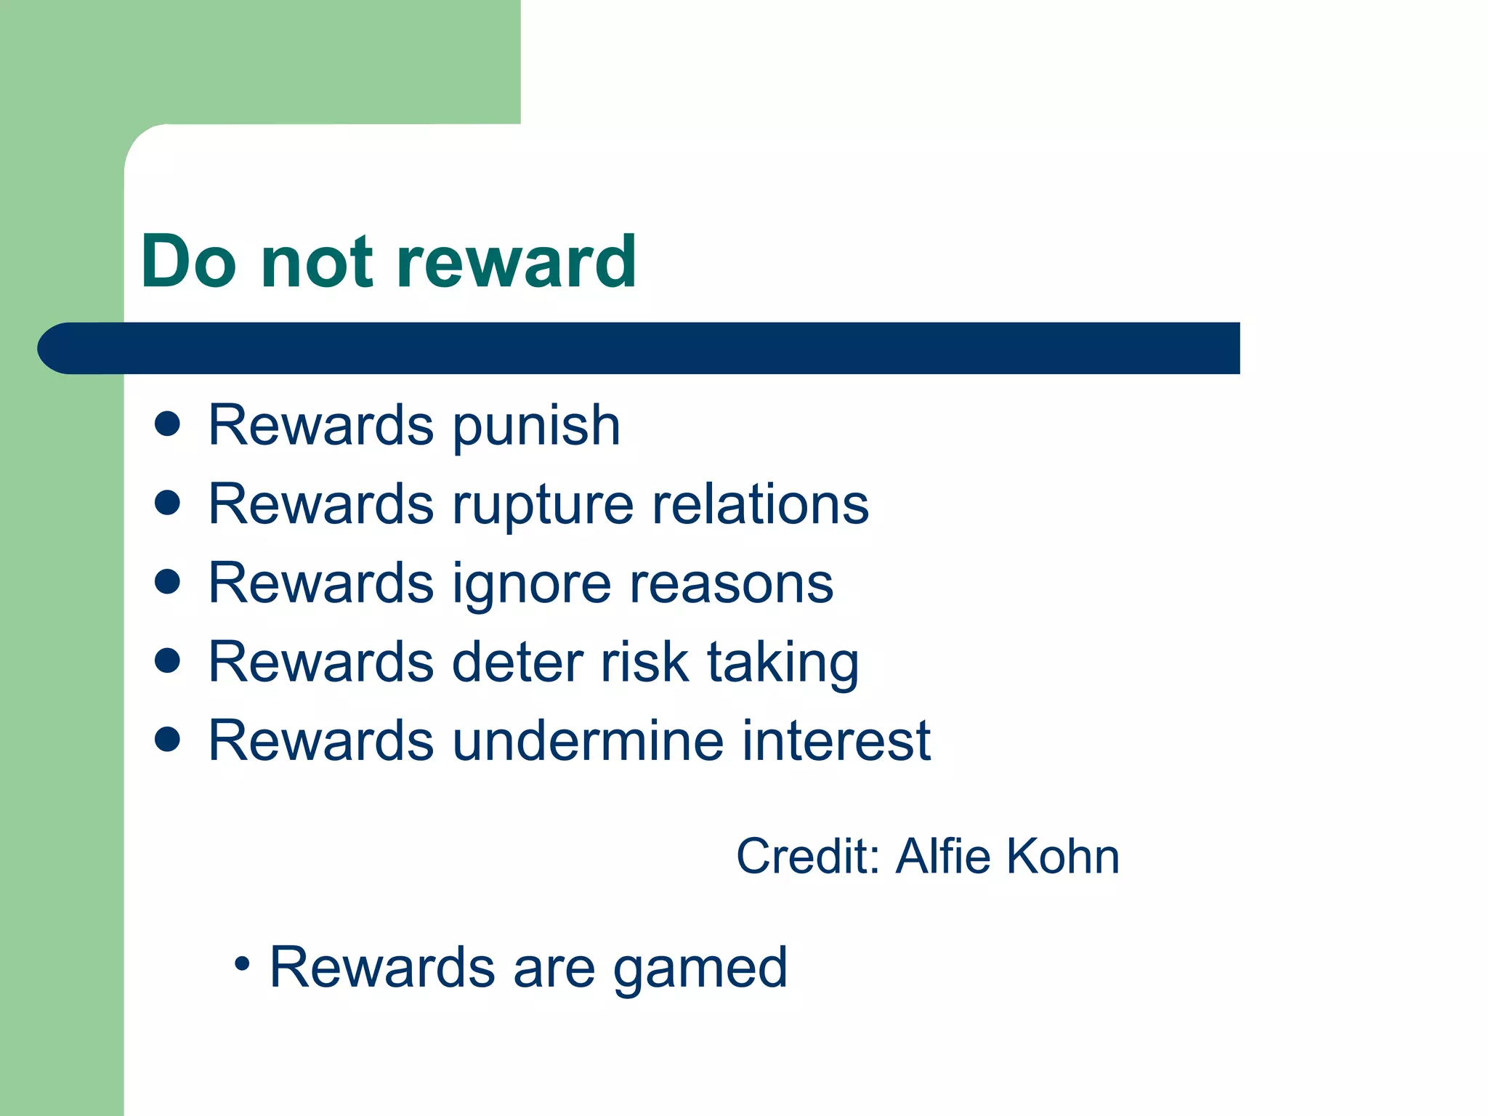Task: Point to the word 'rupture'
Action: [x=543, y=506]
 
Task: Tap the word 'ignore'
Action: [x=532, y=585]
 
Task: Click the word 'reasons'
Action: [x=731, y=585]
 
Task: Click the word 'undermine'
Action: [x=589, y=741]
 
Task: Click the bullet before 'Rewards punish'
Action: [x=168, y=424]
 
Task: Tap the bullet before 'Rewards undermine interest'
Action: [x=168, y=740]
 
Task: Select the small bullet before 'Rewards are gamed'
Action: [x=242, y=965]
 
